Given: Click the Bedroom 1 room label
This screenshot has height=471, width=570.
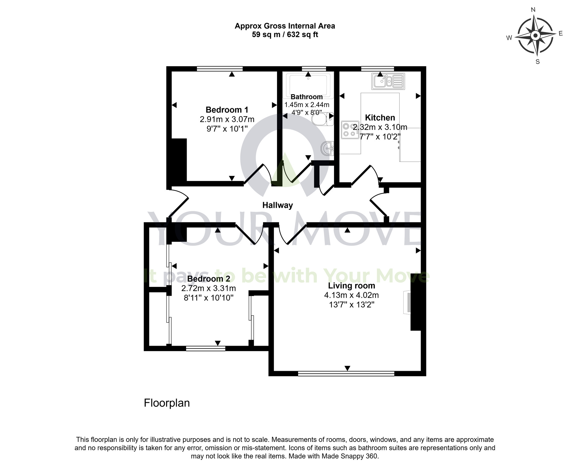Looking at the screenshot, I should tap(227, 110).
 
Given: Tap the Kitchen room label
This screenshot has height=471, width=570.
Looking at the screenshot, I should tap(380, 118).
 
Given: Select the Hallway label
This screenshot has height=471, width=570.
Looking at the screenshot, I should tap(278, 205).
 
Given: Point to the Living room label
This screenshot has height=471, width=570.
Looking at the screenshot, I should tap(351, 286).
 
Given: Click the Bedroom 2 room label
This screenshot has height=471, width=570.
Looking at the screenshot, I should tap(209, 279).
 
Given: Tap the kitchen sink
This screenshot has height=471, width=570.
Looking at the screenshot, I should tap(388, 81).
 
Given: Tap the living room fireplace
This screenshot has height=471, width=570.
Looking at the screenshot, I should tap(408, 303).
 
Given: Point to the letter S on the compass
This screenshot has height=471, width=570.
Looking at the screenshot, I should tap(538, 62).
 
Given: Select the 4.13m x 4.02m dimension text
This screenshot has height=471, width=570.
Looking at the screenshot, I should tap(351, 295).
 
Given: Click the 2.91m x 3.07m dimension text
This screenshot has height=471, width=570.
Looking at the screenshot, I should tap(227, 119).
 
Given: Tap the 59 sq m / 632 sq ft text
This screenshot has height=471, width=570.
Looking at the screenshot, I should tap(285, 35).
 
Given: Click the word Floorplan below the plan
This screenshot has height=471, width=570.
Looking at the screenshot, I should tap(167, 403).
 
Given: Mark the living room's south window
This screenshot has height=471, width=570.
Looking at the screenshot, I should tap(346, 373).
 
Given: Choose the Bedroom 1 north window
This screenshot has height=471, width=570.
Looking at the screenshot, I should tap(219, 69).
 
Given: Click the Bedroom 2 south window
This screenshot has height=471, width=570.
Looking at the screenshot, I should tap(205, 348).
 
